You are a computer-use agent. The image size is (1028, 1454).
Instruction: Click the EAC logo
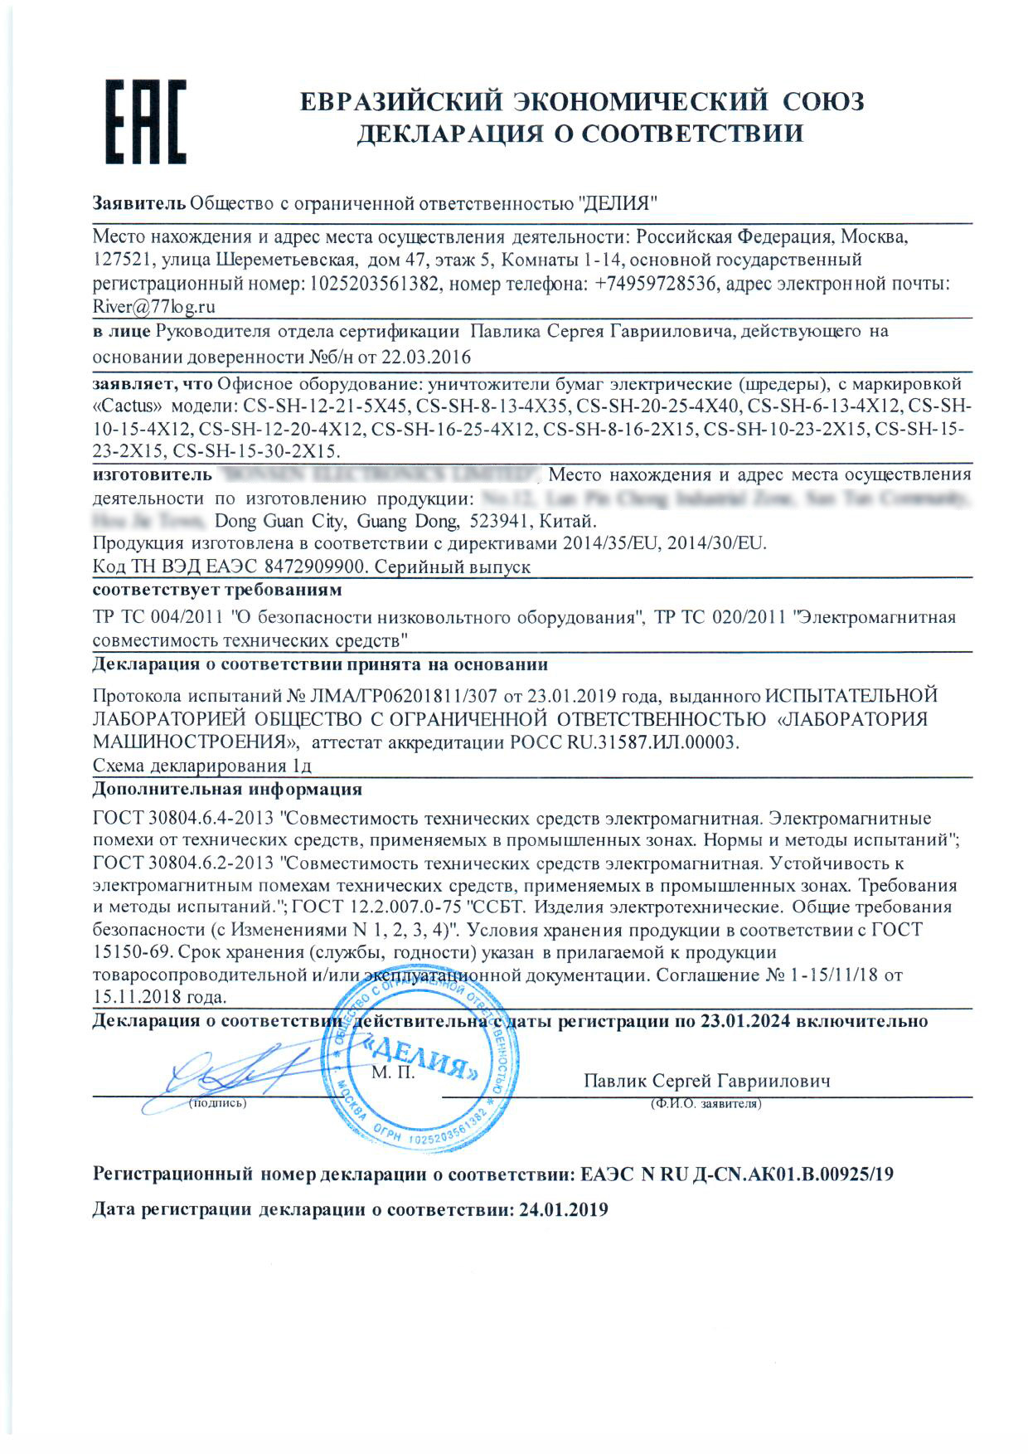coord(145,121)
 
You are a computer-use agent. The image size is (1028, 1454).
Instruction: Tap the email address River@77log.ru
coord(154,306)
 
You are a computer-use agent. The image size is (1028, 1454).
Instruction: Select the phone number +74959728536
coord(655,284)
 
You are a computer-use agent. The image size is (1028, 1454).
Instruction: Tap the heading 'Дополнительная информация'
coord(227,789)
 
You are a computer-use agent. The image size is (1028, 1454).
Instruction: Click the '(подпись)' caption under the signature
coord(217,1103)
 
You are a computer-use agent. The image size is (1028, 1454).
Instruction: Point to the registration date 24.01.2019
coord(563,1209)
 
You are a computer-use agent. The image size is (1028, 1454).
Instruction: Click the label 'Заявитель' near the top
coord(138,203)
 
